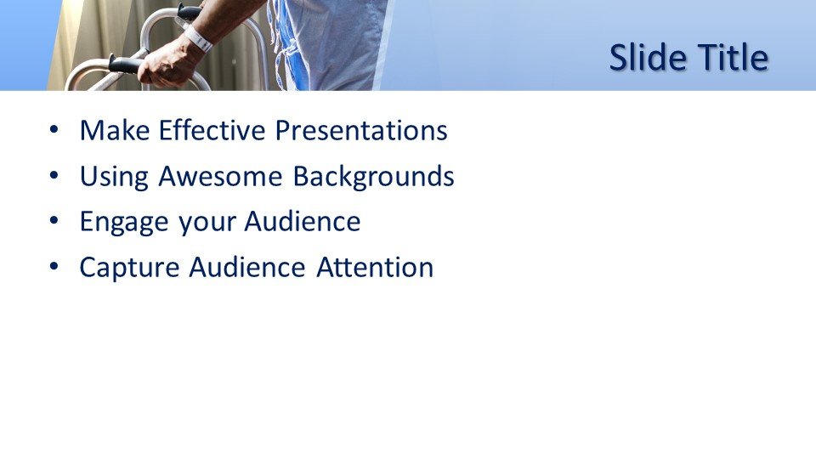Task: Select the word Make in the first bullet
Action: tap(115, 130)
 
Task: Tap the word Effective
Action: tap(212, 130)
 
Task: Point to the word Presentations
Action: tap(361, 130)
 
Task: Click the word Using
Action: tap(114, 177)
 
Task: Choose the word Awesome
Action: tap(220, 176)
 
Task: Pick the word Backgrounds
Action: tap(373, 177)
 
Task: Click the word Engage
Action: tap(124, 222)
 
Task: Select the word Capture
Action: tap(129, 268)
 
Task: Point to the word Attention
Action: tap(375, 268)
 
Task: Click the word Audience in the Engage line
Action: tap(303, 221)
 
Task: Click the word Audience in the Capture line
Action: tap(247, 268)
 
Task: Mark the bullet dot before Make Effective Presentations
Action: tap(54, 130)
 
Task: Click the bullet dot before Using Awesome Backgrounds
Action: tap(54, 176)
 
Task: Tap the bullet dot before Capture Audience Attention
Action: tap(54, 267)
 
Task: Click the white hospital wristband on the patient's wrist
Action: tap(198, 38)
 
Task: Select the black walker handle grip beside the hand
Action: tap(125, 65)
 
